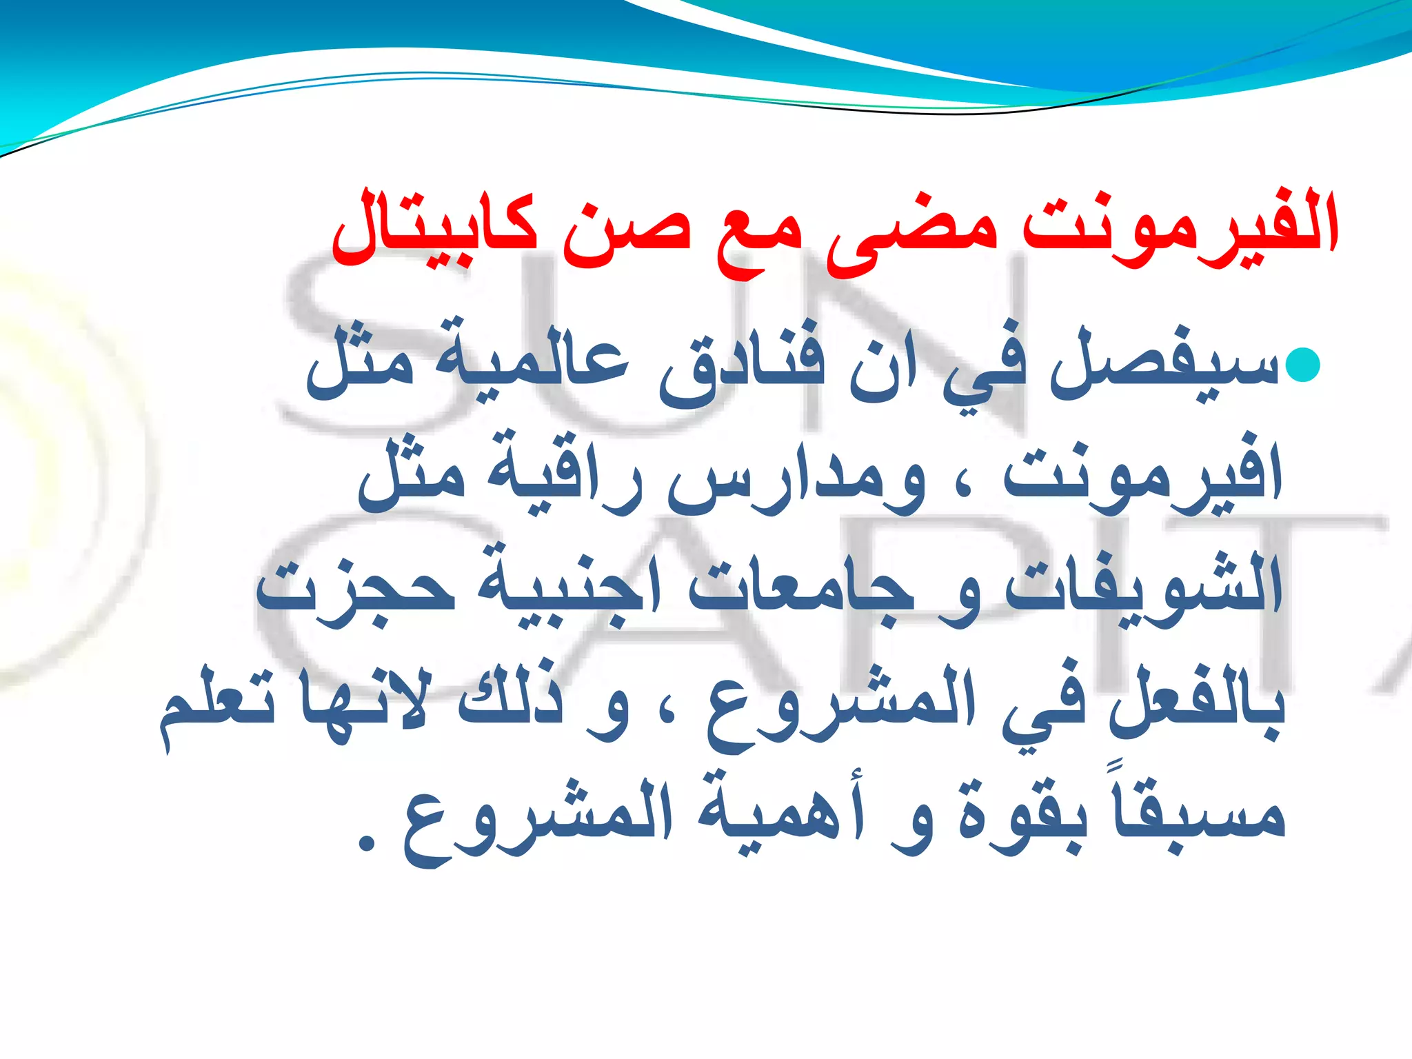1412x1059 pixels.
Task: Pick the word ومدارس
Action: click(x=800, y=479)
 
